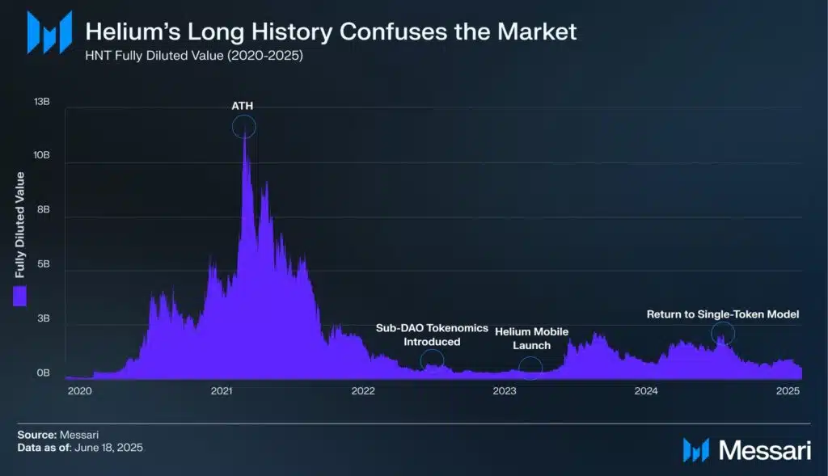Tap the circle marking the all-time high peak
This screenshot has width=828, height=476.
point(243,127)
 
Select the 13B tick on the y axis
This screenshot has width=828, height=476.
point(41,103)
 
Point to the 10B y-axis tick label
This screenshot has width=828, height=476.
point(41,155)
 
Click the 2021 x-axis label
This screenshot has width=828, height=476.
point(222,391)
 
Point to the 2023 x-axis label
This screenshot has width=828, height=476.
point(505,391)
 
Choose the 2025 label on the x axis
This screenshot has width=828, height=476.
point(788,391)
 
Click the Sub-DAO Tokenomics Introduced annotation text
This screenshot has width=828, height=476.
point(432,335)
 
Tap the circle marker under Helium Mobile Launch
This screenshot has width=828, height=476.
point(530,368)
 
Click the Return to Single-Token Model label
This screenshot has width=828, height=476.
point(723,314)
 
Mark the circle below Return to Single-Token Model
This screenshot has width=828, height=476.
point(723,333)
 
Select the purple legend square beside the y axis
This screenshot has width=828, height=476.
point(20,296)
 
